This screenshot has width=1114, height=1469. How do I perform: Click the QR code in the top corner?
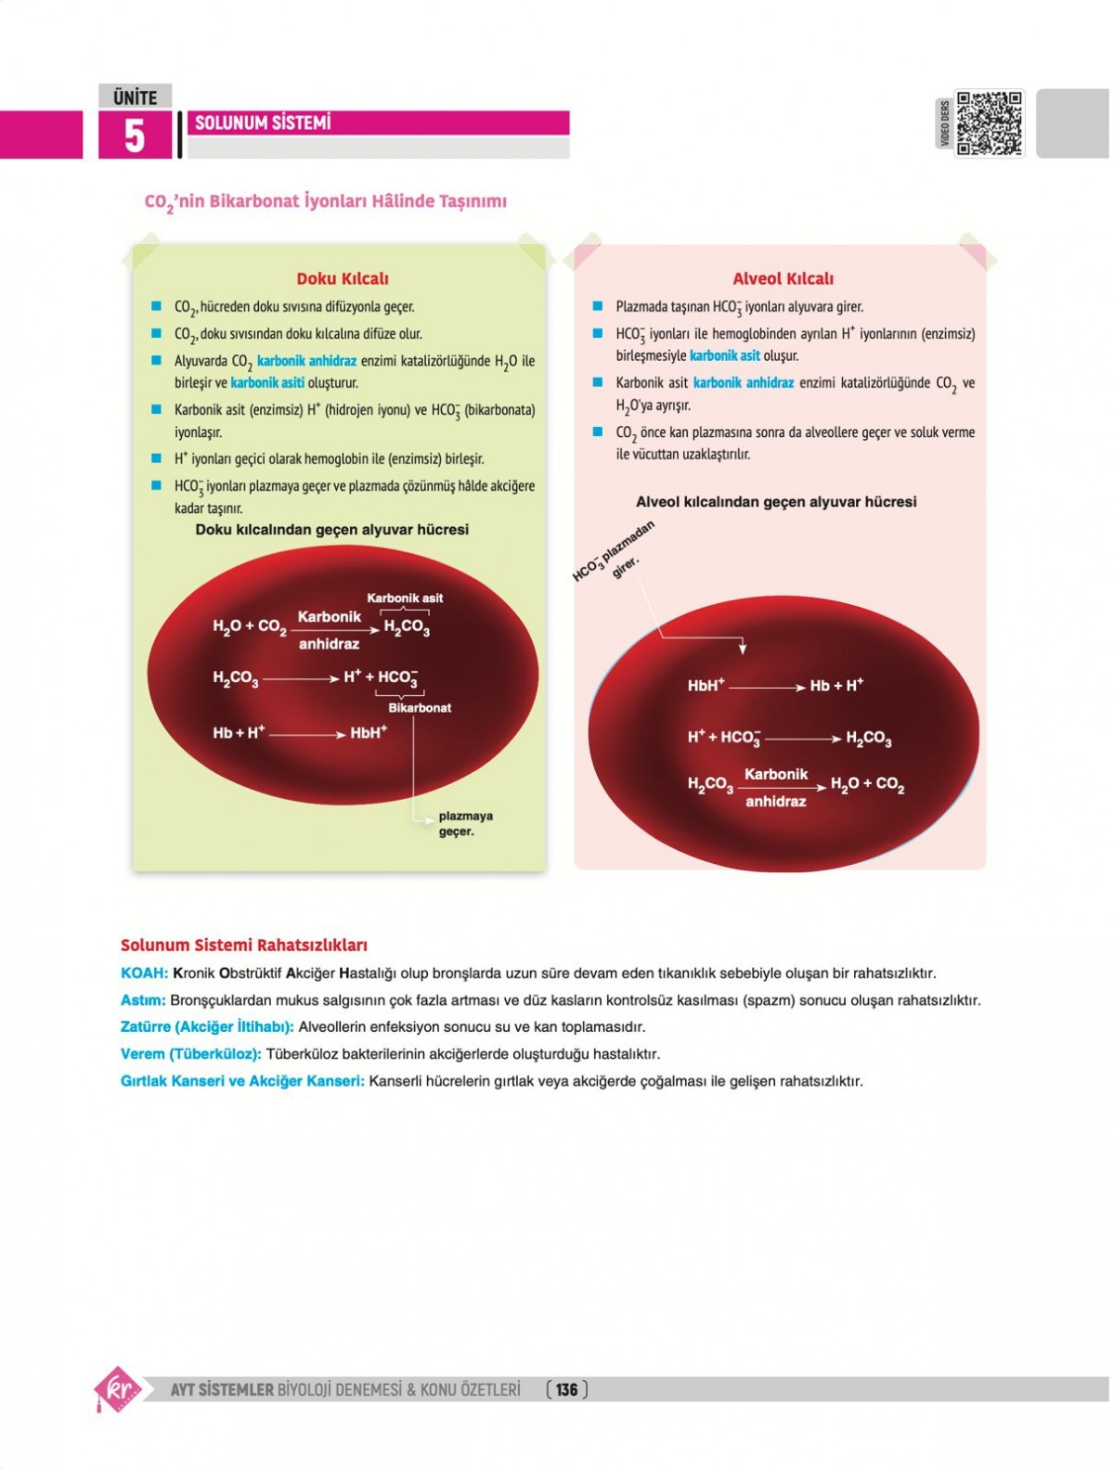990,122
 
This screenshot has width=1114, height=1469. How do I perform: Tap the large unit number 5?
135,135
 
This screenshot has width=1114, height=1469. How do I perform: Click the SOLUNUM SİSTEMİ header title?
263,122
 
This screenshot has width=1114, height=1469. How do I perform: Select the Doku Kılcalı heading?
343,278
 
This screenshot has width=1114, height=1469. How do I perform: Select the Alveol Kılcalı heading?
783,278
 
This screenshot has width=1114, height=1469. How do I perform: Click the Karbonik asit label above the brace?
405,598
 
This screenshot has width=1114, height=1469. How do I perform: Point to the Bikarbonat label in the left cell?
420,708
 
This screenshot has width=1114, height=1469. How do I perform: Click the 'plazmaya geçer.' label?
465,823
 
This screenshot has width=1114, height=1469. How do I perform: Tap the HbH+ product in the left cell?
369,733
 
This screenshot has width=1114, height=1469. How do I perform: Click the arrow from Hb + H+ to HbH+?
307,734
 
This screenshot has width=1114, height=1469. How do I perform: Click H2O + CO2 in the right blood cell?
867,784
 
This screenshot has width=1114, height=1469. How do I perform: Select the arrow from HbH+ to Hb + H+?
767,688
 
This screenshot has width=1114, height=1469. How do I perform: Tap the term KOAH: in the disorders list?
144,973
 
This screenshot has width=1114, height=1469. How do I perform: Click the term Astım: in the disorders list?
143,1000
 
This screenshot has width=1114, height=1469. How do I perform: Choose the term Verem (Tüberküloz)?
191,1054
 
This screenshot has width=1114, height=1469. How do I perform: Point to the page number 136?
567,1389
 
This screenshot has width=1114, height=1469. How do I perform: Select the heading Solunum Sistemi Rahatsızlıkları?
244,946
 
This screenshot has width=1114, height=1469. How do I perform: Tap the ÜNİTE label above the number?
135,97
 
